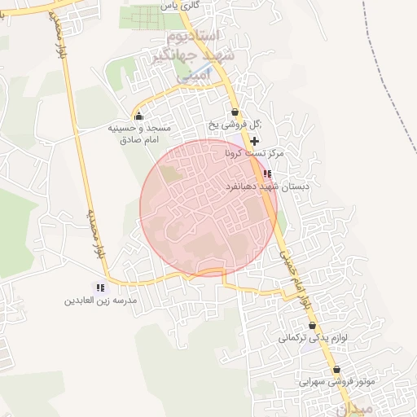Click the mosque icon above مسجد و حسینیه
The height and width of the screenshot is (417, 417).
coord(138,116)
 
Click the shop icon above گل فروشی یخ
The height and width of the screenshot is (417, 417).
coord(235,112)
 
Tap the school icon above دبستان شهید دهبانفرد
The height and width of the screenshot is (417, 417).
coord(267,174)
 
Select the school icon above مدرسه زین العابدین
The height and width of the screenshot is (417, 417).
coord(100,288)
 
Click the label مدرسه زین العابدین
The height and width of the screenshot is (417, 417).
coord(98,301)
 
